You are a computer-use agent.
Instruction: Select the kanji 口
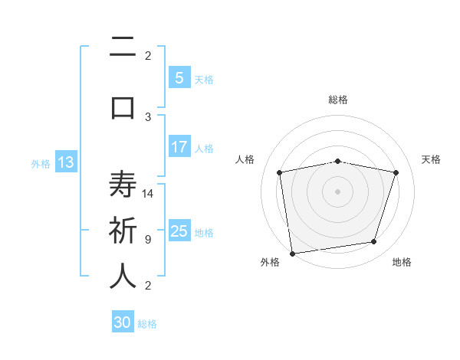point(123,106)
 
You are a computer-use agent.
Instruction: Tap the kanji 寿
point(123,186)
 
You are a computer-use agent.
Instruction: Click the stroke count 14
point(149,193)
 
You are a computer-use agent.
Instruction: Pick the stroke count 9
point(148,239)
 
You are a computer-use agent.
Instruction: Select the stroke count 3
point(148,116)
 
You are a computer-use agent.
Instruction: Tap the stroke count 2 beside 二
point(148,55)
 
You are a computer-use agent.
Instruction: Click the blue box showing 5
point(179,77)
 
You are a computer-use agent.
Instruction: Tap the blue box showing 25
point(179,231)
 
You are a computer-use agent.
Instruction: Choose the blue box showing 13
point(65,162)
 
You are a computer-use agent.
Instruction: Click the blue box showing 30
point(123,322)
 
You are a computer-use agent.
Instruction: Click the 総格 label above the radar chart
point(338,100)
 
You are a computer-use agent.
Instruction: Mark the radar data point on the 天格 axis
point(396,172)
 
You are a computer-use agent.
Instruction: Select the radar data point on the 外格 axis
point(292,253)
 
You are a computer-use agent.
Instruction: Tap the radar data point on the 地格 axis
point(373,242)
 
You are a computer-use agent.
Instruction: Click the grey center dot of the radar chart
point(338,191)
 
